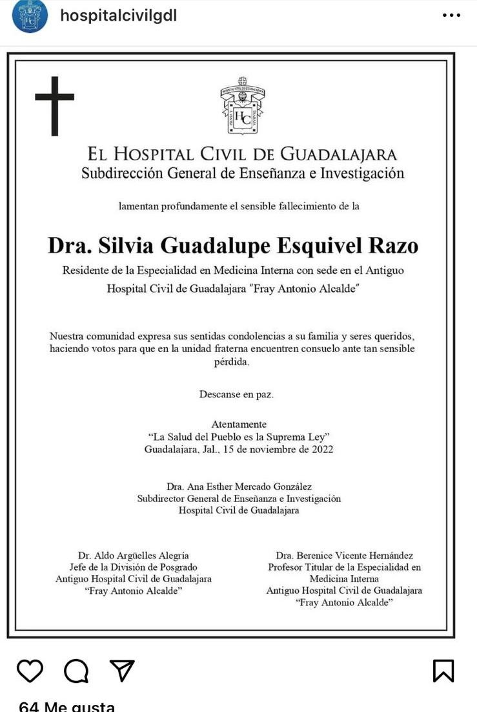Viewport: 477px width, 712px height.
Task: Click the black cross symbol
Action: [54, 106]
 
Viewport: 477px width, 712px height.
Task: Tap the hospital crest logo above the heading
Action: [242, 106]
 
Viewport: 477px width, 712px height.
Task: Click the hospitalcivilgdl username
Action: [118, 16]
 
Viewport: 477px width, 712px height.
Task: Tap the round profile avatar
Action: [30, 16]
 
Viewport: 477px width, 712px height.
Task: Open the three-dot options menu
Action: [451, 16]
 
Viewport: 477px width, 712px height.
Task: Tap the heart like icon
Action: [30, 671]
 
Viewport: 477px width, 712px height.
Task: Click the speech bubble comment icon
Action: [76, 671]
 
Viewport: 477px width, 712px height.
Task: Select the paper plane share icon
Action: [121, 671]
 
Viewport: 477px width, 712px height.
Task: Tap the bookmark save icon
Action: [443, 671]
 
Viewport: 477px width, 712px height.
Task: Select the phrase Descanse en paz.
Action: [236, 394]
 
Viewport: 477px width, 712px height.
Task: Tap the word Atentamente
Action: [239, 424]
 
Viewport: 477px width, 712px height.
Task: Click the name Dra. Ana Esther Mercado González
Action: [239, 487]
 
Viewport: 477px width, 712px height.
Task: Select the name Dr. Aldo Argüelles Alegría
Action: [134, 556]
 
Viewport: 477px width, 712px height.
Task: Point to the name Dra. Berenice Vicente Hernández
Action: [344, 556]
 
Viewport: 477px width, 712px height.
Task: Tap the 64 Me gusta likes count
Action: [67, 706]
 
